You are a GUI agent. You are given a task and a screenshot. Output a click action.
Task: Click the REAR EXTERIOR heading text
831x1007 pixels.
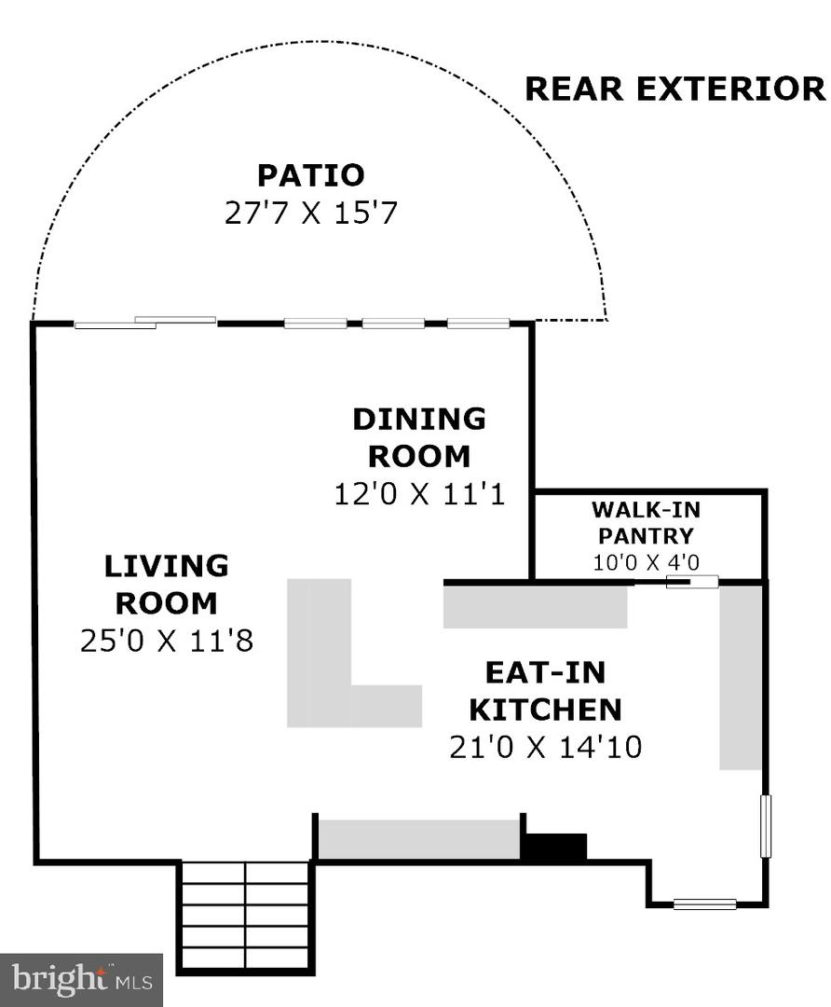tap(675, 89)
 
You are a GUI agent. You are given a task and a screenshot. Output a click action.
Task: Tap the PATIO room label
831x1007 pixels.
tap(311, 174)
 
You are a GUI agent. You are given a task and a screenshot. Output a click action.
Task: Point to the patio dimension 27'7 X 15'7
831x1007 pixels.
tap(311, 213)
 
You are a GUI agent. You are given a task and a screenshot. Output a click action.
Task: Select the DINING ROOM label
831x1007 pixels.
tap(419, 437)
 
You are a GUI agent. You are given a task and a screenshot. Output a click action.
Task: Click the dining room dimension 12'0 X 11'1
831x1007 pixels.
tap(419, 494)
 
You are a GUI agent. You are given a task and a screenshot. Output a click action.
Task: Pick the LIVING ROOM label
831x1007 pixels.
tap(166, 585)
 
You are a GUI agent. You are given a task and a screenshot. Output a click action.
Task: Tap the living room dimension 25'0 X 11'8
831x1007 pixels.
tap(167, 641)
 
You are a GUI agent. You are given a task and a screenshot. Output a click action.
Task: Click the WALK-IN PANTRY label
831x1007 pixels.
tap(646, 522)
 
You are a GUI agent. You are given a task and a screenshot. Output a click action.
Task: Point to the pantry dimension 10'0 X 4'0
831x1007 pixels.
tap(646, 562)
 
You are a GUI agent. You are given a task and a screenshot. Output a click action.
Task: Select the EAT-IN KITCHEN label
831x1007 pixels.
tap(545, 691)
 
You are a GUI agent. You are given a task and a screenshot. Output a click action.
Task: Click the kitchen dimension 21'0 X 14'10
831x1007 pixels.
tap(545, 747)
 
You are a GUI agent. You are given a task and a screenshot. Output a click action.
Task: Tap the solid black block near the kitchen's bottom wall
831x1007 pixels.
tap(556, 847)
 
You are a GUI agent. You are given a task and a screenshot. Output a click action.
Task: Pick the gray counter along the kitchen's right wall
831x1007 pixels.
tap(740, 677)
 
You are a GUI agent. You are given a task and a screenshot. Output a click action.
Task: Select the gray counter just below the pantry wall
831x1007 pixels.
tap(535, 607)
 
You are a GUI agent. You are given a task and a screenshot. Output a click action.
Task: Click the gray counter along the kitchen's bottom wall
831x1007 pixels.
tap(419, 839)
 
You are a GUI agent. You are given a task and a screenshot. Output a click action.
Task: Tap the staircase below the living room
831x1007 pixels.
tap(247, 916)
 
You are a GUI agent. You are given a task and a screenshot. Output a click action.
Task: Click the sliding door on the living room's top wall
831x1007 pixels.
tap(145, 323)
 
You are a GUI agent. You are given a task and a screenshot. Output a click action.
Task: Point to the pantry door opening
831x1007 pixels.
tap(692, 583)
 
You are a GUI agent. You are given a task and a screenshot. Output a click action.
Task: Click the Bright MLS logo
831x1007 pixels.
tap(81, 980)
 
